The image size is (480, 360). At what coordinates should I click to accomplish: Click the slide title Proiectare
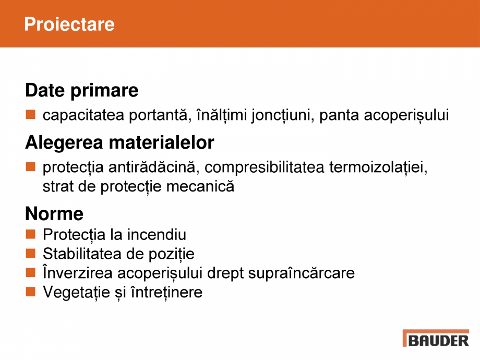(x=69, y=25)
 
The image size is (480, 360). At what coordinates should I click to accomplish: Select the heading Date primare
(x=82, y=91)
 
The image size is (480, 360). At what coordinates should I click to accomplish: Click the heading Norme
(x=54, y=214)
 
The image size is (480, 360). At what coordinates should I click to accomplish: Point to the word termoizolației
(x=379, y=167)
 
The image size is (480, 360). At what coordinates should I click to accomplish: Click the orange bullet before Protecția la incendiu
(x=31, y=234)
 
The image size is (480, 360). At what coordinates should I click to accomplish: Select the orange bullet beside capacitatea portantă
(x=31, y=115)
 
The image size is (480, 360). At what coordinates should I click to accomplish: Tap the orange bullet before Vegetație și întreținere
(x=31, y=292)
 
